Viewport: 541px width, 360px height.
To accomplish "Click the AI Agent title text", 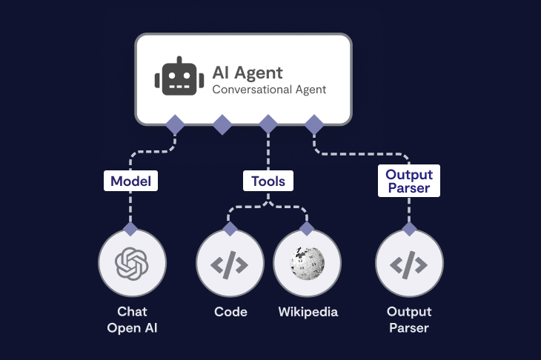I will (248, 72).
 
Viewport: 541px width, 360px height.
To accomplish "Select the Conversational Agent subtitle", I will (269, 90).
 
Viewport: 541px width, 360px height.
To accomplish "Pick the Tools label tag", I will (268, 181).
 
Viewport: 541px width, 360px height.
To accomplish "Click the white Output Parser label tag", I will (409, 181).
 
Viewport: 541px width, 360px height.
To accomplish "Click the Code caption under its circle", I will (230, 312).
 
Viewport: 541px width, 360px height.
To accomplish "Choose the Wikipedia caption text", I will (308, 312).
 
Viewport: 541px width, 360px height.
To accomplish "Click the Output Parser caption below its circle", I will (409, 319).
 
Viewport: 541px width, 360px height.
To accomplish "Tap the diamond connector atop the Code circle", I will (230, 228).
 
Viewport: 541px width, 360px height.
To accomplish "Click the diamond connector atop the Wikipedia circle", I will (307, 228).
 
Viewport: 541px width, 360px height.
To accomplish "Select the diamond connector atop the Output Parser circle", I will (409, 228).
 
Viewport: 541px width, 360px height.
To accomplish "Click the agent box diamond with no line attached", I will (222, 124).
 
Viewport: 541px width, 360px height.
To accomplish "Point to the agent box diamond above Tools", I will (268, 124).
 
